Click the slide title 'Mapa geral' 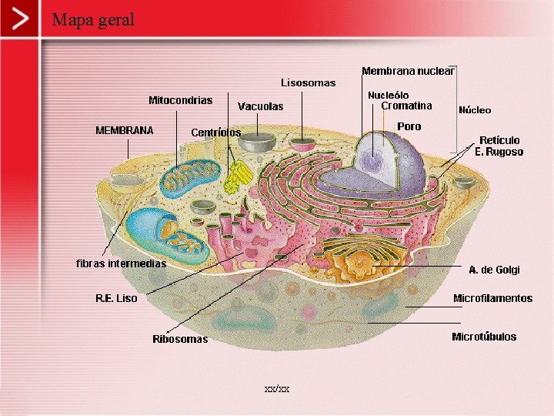click(x=93, y=19)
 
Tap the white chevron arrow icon click(x=25, y=19)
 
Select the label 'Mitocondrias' click(x=180, y=100)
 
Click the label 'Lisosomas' click(x=308, y=82)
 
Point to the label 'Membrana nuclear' click(x=408, y=71)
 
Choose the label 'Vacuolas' click(x=260, y=106)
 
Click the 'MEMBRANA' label click(x=124, y=129)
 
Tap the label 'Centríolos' click(x=215, y=133)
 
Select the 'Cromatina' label click(x=406, y=106)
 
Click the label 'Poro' click(x=409, y=126)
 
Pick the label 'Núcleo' click(x=475, y=110)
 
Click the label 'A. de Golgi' click(x=494, y=270)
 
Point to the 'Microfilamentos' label click(x=492, y=298)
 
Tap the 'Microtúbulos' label click(x=484, y=337)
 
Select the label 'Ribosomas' click(x=180, y=339)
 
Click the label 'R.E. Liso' click(x=116, y=298)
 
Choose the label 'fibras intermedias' click(x=121, y=263)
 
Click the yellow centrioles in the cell click(x=236, y=179)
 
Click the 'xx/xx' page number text click(x=277, y=389)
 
